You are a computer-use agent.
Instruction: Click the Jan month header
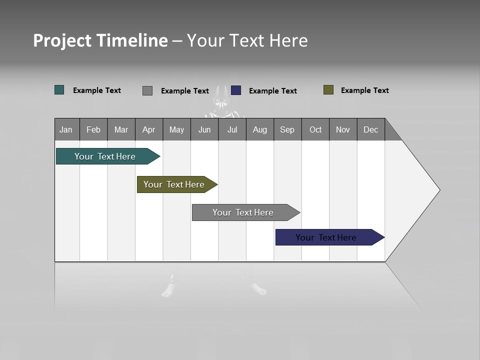(x=66, y=129)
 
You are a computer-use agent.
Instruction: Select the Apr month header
(x=149, y=129)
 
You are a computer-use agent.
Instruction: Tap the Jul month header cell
(x=232, y=129)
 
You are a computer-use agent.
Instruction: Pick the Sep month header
(x=287, y=129)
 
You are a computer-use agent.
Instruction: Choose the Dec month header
(x=370, y=129)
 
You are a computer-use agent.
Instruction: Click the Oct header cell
(x=315, y=129)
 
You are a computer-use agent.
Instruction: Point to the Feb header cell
(x=93, y=129)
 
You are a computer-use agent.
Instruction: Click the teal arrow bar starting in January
(x=105, y=156)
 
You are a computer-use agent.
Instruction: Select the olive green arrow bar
(x=174, y=184)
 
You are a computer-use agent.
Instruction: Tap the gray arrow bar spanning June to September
(x=243, y=212)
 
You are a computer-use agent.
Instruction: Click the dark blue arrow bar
(x=326, y=237)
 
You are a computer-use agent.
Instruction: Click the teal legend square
(x=59, y=90)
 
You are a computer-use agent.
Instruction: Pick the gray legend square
(x=147, y=90)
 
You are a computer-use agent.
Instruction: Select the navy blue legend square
(x=236, y=90)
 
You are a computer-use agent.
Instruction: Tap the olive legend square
(x=328, y=90)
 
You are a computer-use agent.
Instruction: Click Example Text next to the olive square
(x=364, y=90)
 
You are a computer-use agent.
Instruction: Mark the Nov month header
(x=343, y=129)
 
